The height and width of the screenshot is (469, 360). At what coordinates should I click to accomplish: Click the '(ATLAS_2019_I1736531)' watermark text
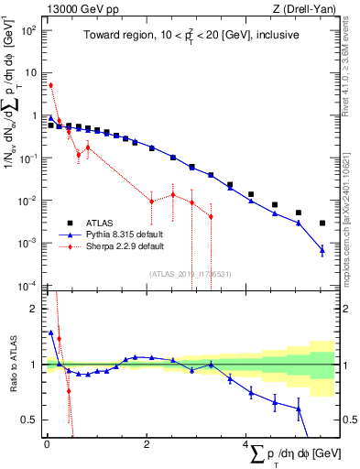tap(191, 274)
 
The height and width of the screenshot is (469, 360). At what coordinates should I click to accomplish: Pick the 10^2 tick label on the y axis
tap(28, 30)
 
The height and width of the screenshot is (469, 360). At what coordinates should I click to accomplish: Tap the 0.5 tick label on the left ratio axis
tap(30, 420)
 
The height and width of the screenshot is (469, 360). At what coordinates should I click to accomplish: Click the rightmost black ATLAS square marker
tap(322, 223)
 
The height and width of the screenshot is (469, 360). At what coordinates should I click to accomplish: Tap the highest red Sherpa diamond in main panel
tap(51, 85)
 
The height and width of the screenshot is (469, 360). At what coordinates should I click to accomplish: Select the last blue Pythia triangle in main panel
tap(322, 250)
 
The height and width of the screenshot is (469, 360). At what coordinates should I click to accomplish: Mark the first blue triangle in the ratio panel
tap(51, 333)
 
